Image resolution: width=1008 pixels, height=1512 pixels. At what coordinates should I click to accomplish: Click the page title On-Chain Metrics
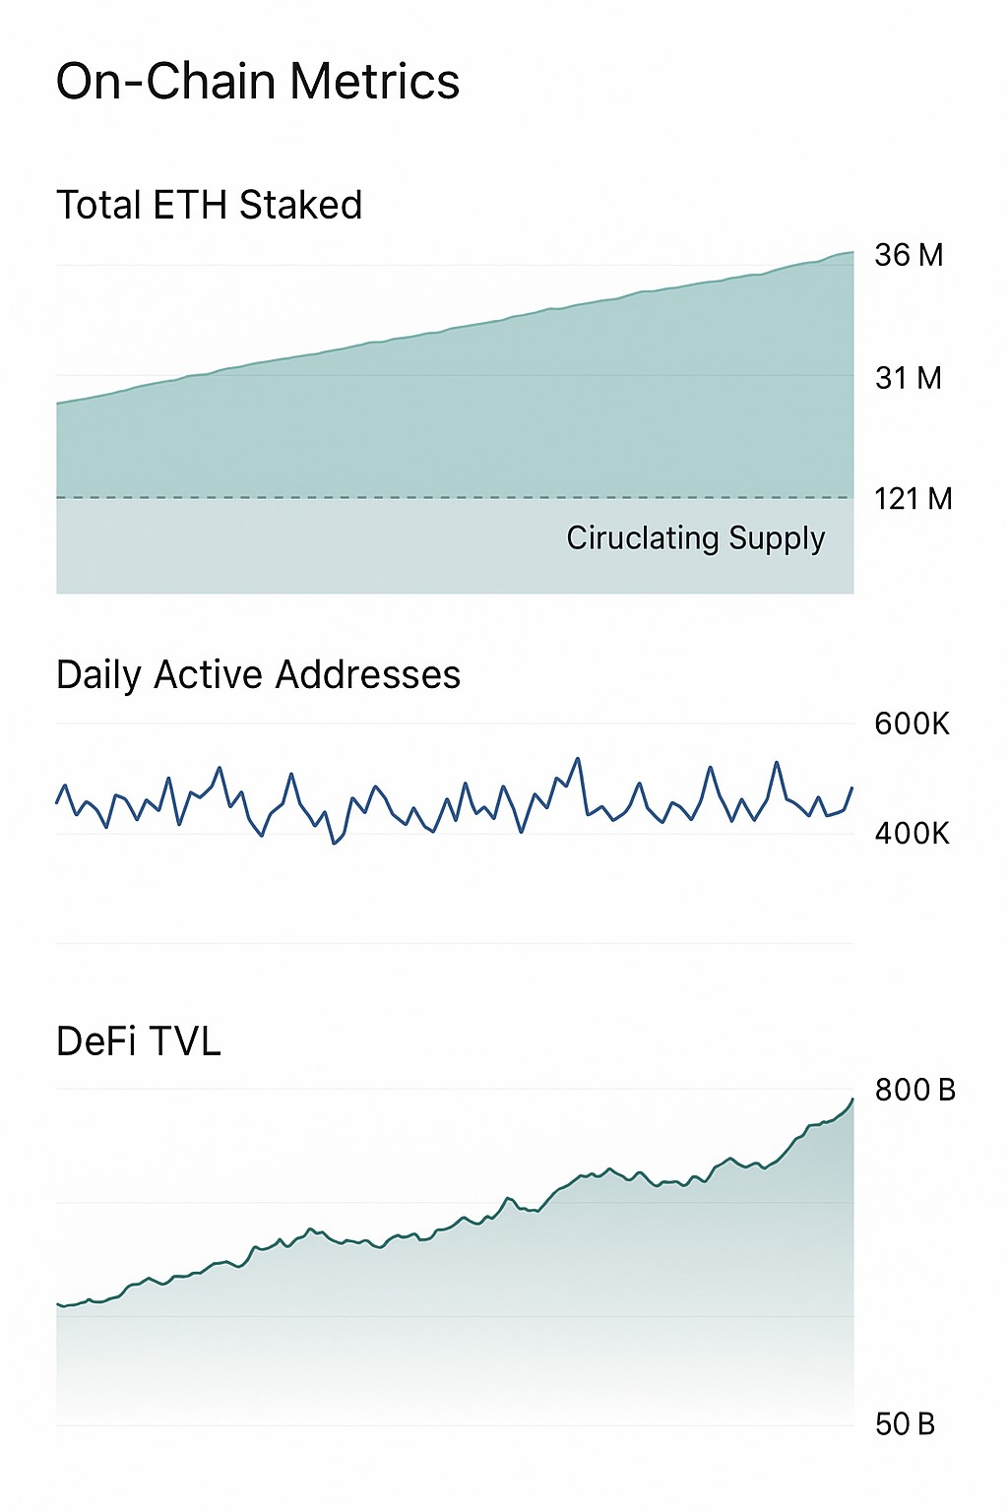point(258,82)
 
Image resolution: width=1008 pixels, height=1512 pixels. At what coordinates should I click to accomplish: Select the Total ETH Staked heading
point(210,206)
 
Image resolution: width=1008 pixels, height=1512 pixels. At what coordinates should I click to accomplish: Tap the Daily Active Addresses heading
point(258,675)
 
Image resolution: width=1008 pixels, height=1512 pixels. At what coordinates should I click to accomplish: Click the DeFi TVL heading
point(139,1041)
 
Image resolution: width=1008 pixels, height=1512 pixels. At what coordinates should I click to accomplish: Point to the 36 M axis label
point(909,256)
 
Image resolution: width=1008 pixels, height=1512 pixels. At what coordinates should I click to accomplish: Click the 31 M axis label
point(909,378)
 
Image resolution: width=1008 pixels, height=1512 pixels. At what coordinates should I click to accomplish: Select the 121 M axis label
point(913,499)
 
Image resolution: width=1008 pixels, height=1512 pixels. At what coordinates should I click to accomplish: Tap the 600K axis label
point(912,724)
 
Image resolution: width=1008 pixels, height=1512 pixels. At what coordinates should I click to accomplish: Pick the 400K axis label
point(912,834)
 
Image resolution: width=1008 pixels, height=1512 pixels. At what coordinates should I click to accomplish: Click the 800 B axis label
point(914,1090)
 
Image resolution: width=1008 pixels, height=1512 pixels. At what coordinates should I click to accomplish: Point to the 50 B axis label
point(905,1424)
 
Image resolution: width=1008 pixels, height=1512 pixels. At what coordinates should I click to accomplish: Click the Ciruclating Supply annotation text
point(695,538)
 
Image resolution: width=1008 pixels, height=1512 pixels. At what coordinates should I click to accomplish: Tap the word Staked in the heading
point(300,206)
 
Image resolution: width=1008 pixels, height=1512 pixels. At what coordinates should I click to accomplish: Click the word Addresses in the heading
point(368,675)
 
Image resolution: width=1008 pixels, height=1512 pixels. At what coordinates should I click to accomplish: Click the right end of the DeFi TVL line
point(852,1100)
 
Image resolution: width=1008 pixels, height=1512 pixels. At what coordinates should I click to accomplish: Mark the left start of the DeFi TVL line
point(58,1304)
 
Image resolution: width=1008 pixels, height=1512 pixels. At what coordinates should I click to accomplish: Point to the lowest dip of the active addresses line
point(335,844)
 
